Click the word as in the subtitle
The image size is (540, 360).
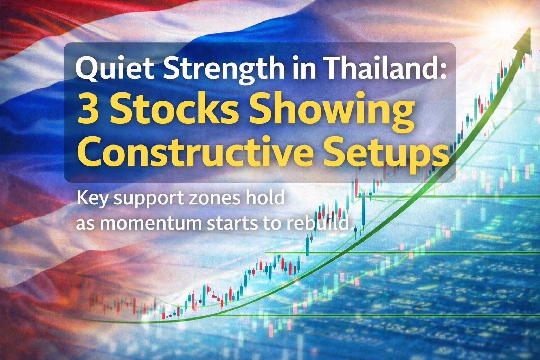coord(84,224)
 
